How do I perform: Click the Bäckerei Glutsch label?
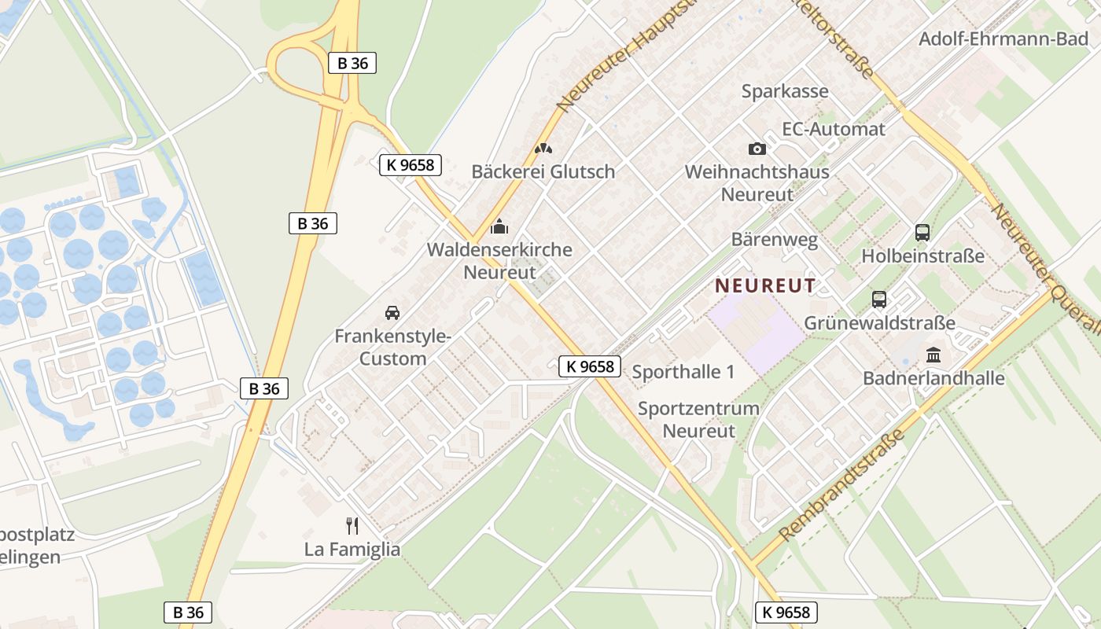click(x=543, y=171)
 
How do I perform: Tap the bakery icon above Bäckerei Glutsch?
click(x=543, y=148)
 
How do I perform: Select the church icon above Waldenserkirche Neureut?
click(x=499, y=228)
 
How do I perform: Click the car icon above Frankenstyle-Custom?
click(x=392, y=313)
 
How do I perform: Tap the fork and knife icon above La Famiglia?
click(x=352, y=525)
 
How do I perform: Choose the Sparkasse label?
click(x=785, y=91)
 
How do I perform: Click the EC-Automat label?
click(x=834, y=129)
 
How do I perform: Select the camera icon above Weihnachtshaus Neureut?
click(x=757, y=149)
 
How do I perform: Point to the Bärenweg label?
click(x=775, y=240)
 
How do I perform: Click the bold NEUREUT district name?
click(x=765, y=285)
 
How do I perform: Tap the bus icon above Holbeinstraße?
click(x=922, y=233)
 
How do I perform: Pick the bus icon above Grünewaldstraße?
click(x=879, y=300)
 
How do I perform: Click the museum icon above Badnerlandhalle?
click(x=933, y=355)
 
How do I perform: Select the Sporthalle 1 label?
click(x=683, y=372)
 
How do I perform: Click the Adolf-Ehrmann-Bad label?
click(x=1003, y=39)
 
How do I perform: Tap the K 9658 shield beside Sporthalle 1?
click(x=590, y=366)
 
